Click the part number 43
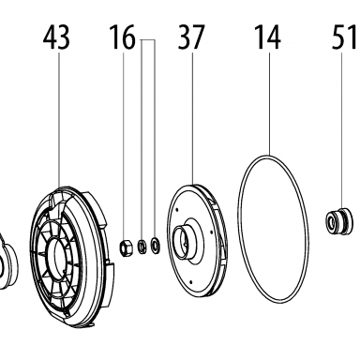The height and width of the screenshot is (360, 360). coord(56,37)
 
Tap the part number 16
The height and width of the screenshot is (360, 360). coord(122,37)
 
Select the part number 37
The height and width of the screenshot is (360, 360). coord(191,37)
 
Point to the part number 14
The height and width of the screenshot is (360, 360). coord(268,37)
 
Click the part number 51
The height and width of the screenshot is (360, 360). coord(344,37)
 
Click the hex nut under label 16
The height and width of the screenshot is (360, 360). coord(126,247)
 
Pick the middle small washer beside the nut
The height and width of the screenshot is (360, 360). coord(142,247)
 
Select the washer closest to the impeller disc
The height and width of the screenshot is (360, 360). coord(156,245)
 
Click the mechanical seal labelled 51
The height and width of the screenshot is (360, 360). coord(338,222)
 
